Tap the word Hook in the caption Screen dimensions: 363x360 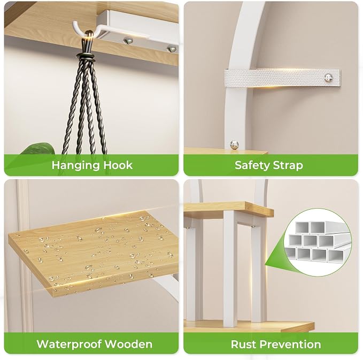pos(118,165)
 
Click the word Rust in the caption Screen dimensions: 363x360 pos(242,344)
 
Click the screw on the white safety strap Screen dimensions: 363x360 pos(328,78)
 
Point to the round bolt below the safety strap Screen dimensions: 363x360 pos(235,144)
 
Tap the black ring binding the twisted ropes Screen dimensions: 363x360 pos(87,57)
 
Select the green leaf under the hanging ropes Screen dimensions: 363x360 pos(38,149)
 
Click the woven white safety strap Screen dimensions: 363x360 pos(282,78)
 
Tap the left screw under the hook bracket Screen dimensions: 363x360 pos(128,41)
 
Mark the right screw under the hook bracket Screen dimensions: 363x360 pos(172,49)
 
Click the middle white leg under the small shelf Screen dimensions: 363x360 pos(230,266)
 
